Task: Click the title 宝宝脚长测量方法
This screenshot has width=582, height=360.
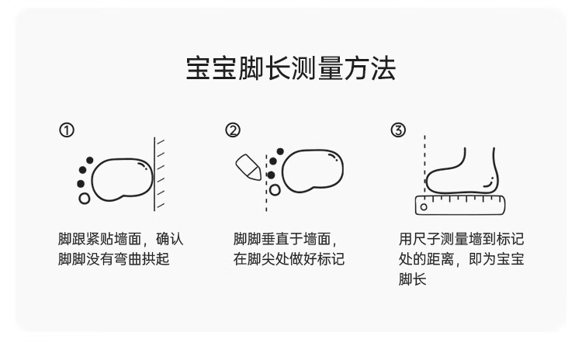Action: (291, 68)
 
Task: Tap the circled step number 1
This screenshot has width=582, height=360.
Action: (68, 130)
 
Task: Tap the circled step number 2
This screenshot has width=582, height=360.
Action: (232, 130)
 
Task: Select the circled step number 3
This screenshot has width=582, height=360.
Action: (398, 130)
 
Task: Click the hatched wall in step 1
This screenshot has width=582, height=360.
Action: (160, 173)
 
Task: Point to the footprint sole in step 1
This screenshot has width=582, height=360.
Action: (121, 178)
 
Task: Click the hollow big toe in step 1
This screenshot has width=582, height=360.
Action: (84, 198)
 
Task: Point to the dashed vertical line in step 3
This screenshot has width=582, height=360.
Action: (424, 167)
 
